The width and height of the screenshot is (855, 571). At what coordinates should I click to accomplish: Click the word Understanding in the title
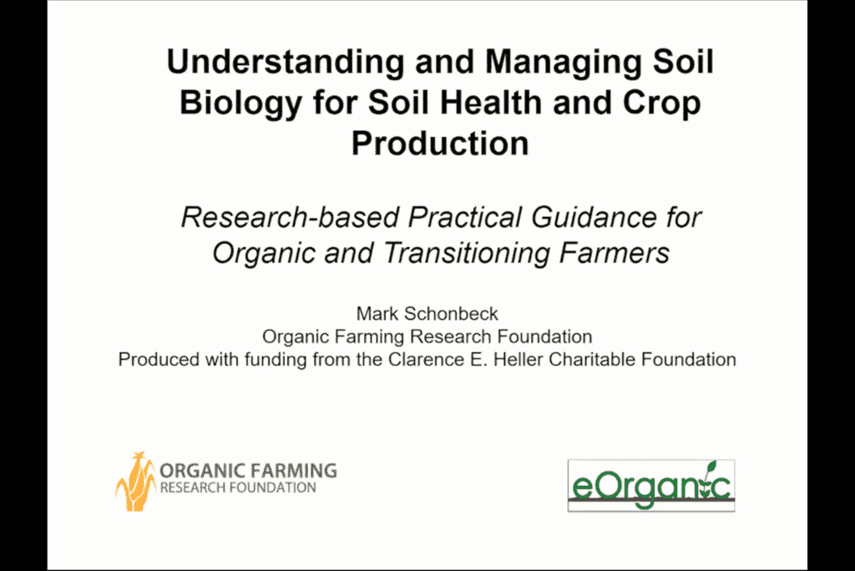[286, 62]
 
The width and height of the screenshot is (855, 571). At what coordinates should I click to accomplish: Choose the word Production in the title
[440, 144]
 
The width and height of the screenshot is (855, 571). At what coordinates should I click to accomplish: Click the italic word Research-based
[290, 217]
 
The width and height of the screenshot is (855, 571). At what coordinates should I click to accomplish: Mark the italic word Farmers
[614, 253]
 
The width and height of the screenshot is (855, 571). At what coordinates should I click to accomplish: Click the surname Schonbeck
[451, 314]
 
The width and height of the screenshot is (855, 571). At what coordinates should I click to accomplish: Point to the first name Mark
[377, 314]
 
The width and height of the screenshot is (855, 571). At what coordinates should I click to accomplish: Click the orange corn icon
[135, 482]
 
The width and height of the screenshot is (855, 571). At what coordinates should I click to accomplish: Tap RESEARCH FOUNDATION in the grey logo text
[238, 488]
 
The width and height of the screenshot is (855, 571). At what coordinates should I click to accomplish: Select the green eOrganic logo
[651, 485]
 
